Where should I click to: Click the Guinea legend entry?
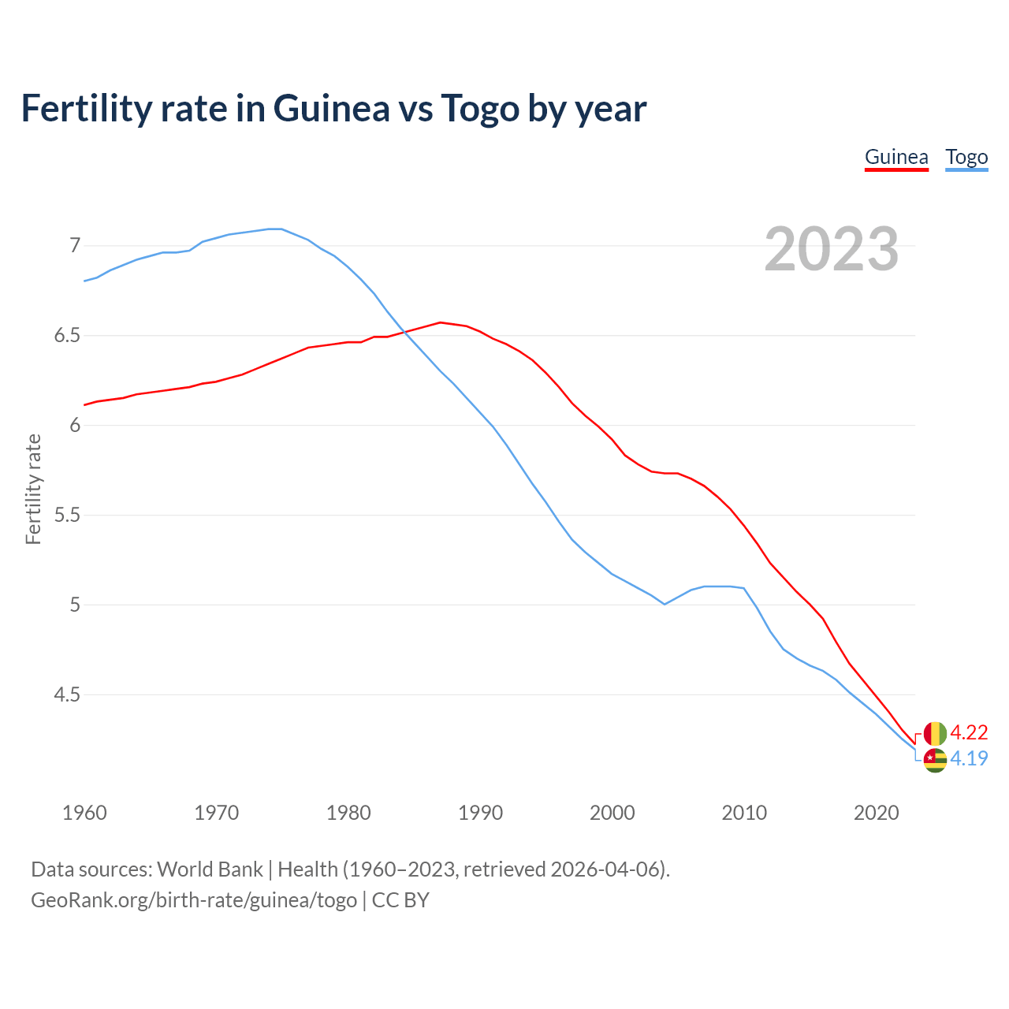click(x=896, y=157)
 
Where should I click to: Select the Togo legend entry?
click(x=966, y=157)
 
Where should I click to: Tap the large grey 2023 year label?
click(x=831, y=249)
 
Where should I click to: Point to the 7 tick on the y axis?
click(x=75, y=245)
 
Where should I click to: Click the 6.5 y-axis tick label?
click(x=67, y=335)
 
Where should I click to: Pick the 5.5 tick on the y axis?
click(x=67, y=515)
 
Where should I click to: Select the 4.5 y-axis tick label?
click(x=67, y=694)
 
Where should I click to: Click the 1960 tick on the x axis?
click(x=84, y=813)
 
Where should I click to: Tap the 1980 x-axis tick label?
click(x=348, y=813)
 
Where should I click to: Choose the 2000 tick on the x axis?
click(x=612, y=813)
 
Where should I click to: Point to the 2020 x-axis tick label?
click(x=876, y=813)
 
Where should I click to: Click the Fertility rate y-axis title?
click(x=33, y=489)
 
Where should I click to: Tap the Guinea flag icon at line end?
click(x=935, y=733)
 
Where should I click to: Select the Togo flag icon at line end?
click(x=935, y=760)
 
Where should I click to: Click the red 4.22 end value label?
click(x=969, y=732)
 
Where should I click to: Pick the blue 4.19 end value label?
click(x=969, y=758)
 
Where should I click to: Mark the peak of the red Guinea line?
click(x=441, y=322)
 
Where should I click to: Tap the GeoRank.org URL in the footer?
click(x=194, y=899)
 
